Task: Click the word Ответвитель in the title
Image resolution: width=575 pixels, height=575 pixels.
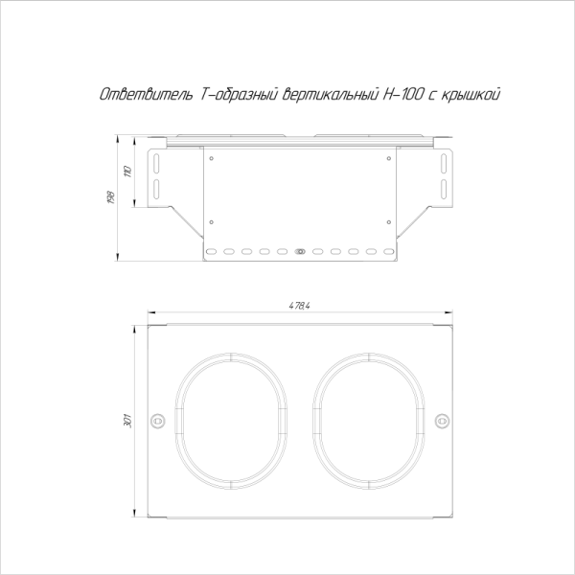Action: (x=147, y=94)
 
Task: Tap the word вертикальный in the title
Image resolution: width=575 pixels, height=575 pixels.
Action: (x=331, y=95)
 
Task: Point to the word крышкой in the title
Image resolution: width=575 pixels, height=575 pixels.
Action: (x=471, y=95)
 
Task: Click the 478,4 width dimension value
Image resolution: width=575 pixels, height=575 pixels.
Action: (x=300, y=306)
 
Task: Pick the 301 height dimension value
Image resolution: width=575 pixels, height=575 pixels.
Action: (x=127, y=421)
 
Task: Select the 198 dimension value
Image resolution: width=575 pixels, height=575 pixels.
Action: (x=111, y=197)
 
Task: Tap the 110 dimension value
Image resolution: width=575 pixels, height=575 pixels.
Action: (x=127, y=172)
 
